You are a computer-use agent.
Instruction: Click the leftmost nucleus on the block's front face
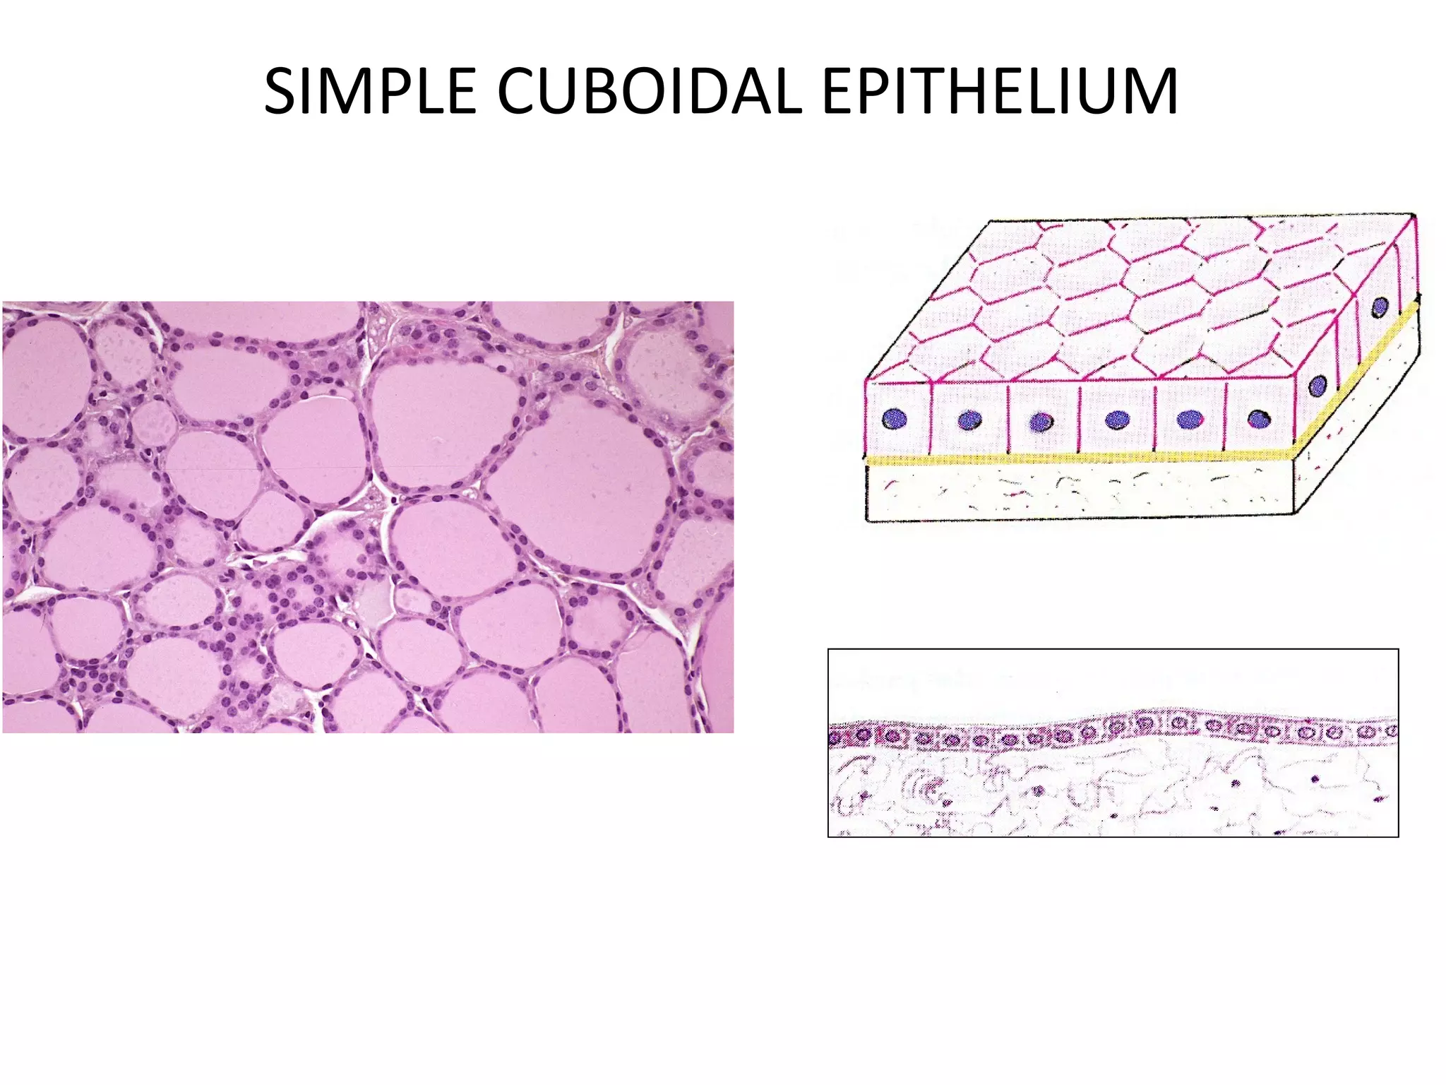pyautogui.click(x=895, y=418)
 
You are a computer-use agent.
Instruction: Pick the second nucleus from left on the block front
pyautogui.click(x=970, y=420)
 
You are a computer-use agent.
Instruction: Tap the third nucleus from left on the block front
pyautogui.click(x=1041, y=422)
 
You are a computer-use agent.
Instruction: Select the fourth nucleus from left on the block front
pyautogui.click(x=1117, y=420)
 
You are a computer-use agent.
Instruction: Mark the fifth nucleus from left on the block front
pyautogui.click(x=1190, y=419)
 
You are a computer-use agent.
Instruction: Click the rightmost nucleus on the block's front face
pyautogui.click(x=1258, y=420)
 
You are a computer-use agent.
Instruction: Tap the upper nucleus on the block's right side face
pyautogui.click(x=1380, y=307)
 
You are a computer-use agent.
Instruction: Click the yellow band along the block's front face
pyautogui.click(x=1080, y=459)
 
